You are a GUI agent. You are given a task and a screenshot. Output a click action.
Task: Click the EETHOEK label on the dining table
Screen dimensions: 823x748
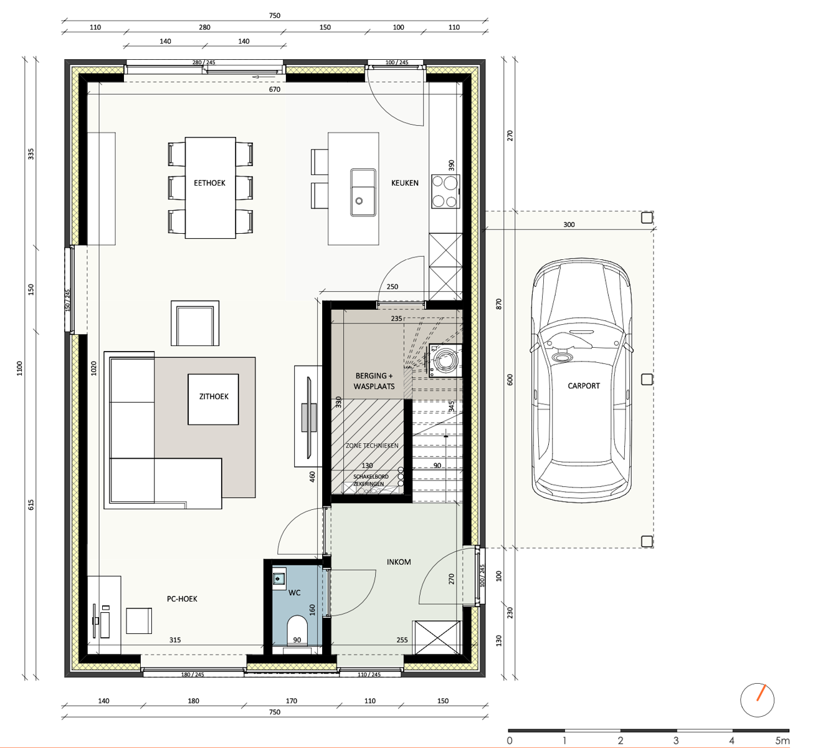[209, 183]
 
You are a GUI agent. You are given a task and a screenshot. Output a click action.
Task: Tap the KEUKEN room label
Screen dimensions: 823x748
[404, 183]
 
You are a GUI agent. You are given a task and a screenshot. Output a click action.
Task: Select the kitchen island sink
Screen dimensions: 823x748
[363, 193]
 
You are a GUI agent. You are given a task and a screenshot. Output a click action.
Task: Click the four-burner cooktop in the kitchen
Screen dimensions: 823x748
[445, 191]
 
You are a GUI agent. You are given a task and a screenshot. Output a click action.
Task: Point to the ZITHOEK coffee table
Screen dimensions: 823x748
[213, 399]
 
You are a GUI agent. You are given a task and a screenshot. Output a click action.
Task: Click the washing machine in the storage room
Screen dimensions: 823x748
[445, 360]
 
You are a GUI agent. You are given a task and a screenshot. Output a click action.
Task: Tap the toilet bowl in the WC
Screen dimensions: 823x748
[297, 631]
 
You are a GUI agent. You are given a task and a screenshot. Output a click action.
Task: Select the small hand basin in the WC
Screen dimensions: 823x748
[279, 579]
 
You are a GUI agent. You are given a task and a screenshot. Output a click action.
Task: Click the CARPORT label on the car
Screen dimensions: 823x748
[583, 386]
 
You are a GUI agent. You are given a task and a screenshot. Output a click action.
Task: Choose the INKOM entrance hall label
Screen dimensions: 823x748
[399, 562]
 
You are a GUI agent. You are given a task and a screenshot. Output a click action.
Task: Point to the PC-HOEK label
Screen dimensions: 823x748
[182, 599]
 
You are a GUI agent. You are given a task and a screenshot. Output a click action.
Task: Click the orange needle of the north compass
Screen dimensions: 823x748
[761, 692]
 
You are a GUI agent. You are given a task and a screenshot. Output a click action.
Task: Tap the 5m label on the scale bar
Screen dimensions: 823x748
[783, 741]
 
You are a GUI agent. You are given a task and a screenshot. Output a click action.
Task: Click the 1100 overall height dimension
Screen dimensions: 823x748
[19, 368]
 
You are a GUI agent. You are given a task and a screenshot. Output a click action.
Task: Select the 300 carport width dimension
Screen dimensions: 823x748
[569, 224]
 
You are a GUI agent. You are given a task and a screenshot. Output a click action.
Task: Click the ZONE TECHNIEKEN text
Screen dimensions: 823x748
[372, 446]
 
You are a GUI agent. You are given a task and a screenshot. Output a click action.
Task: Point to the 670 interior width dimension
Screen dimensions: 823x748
[275, 90]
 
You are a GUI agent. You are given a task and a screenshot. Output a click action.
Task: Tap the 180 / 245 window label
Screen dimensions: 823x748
[193, 674]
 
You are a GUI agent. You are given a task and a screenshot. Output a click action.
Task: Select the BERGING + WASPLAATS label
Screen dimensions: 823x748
[374, 381]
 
